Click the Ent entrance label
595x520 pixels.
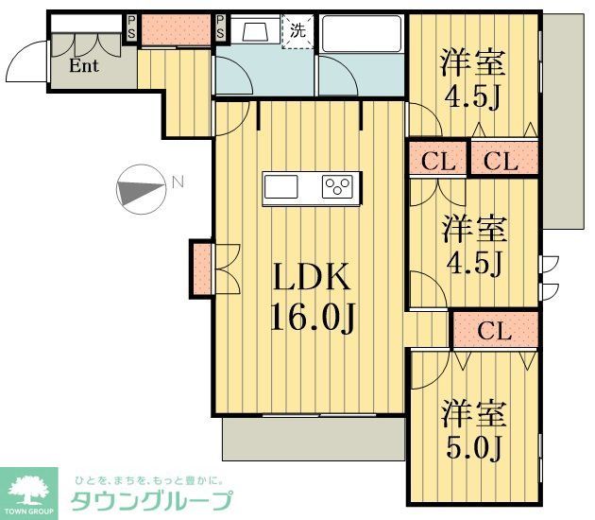point(85,67)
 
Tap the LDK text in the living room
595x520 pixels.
point(313,278)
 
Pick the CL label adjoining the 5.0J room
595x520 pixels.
point(495,332)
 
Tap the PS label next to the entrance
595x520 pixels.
point(131,28)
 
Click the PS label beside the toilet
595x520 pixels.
point(221,28)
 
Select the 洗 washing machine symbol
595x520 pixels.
point(297,30)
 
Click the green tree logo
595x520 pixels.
point(32,490)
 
